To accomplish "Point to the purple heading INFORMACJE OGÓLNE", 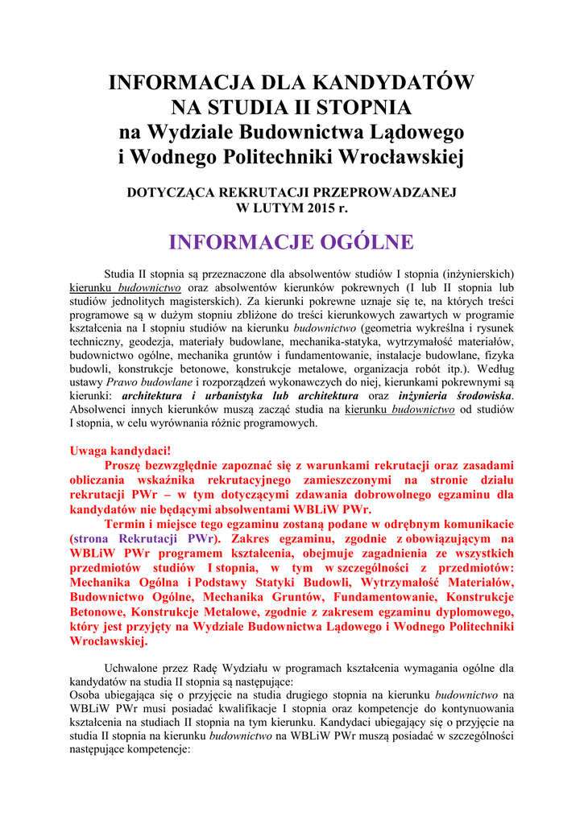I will click(x=292, y=241).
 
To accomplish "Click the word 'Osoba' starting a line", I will click(x=86, y=694).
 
